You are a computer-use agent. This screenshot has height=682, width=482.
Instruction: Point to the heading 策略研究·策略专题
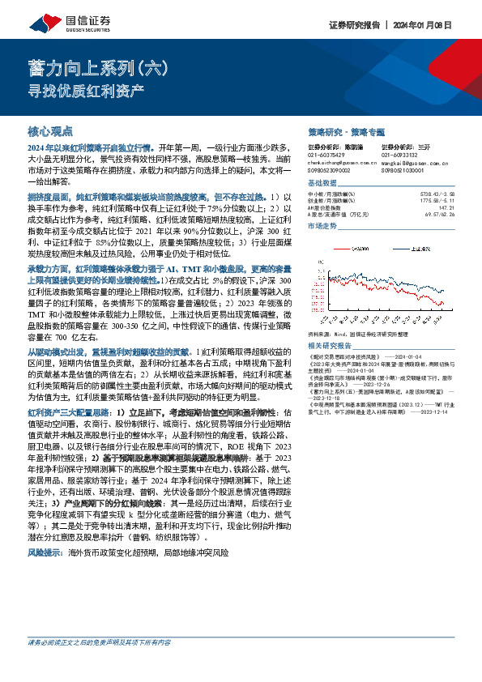[x=347, y=130]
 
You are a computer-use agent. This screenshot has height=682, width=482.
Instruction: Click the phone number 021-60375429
[x=327, y=155]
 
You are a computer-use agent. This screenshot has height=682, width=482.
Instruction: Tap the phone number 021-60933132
[x=400, y=155]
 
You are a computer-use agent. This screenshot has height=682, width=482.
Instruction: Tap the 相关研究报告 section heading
[x=331, y=322]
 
